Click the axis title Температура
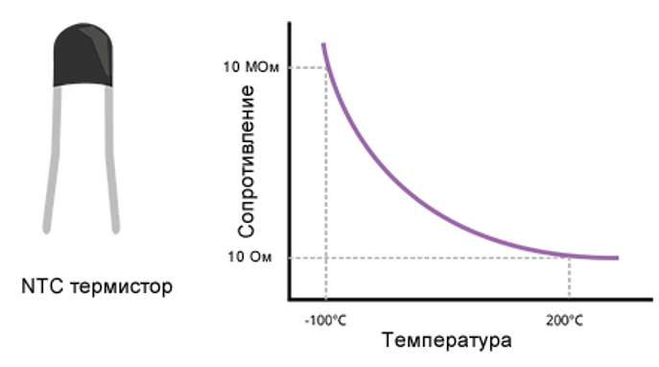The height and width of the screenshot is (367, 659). click(446, 340)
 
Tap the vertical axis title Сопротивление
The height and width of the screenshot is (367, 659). click(247, 161)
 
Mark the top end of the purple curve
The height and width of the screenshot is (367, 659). click(323, 44)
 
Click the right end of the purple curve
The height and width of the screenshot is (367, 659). click(617, 257)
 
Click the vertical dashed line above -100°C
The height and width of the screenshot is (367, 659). click(327, 192)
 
